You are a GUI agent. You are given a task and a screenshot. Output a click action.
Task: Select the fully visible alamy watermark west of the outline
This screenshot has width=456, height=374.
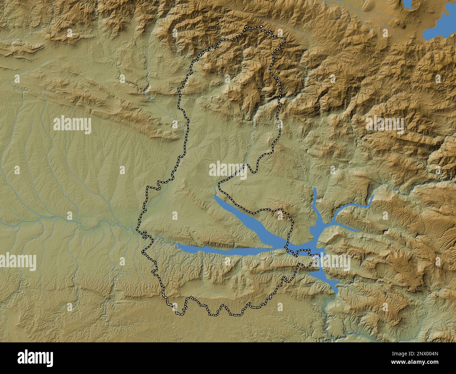(x=72, y=125)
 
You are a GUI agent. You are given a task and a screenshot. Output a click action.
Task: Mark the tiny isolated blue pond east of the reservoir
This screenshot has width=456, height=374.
(x=392, y=243)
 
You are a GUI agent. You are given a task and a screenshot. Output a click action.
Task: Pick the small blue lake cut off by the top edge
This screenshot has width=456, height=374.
(x=408, y=4)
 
